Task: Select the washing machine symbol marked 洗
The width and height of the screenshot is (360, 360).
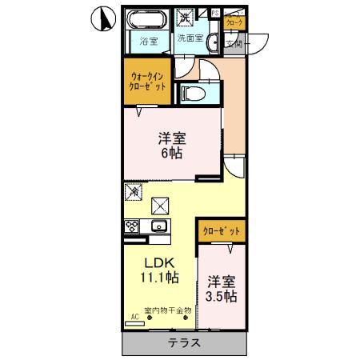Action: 185,16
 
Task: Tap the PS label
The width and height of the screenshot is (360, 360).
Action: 214,13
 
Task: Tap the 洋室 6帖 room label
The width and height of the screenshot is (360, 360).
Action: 172,143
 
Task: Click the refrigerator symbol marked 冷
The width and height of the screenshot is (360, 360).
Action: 134,192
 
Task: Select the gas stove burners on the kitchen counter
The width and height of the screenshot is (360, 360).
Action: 132,227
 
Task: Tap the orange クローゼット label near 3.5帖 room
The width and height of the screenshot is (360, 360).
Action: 220,231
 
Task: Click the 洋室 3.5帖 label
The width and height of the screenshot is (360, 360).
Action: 222,289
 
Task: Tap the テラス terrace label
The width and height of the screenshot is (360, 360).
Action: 183,343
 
